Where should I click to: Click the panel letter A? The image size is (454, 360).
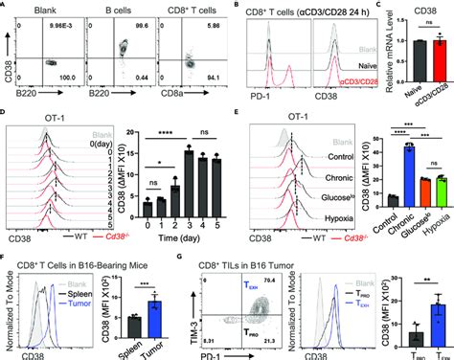6,8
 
